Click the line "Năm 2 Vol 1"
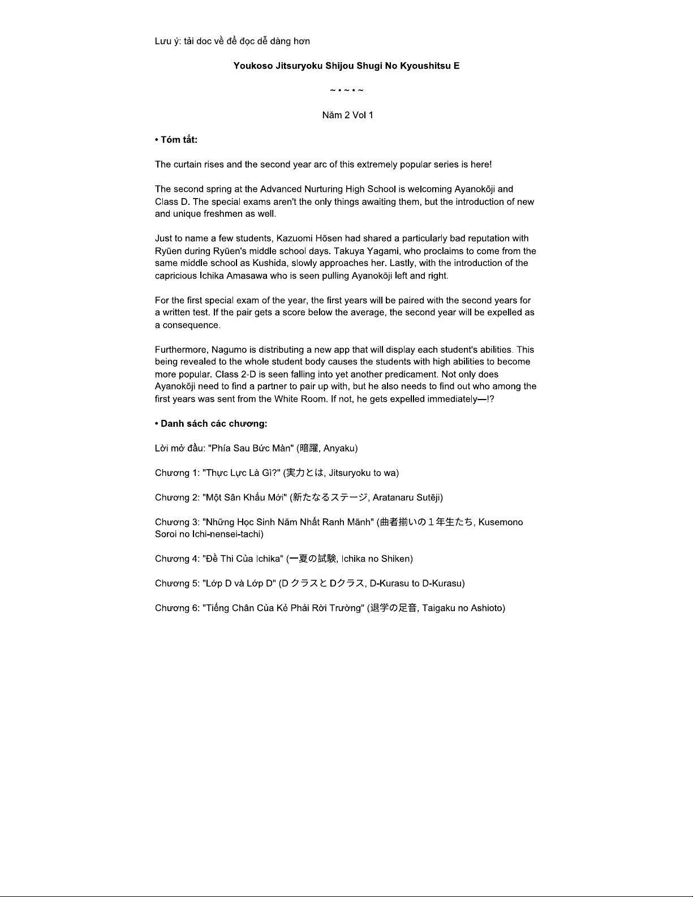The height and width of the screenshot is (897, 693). tap(347, 115)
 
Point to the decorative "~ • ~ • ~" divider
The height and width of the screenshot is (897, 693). tap(347, 91)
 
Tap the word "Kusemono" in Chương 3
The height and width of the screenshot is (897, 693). tap(501, 522)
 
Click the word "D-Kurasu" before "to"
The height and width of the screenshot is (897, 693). tap(389, 583)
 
